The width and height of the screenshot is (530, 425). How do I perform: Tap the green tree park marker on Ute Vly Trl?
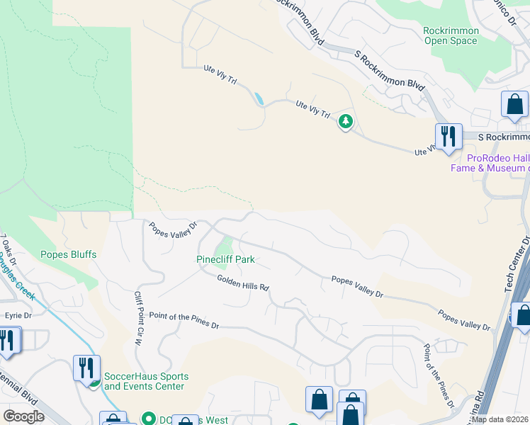point(345,122)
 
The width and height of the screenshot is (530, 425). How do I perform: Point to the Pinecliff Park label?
point(225,260)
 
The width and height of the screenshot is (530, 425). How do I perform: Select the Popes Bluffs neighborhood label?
point(68,254)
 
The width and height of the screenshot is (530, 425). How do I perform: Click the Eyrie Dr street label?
point(19,315)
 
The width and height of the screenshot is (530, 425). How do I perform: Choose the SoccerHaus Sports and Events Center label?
point(146,381)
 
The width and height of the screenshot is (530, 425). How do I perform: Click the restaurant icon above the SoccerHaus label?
point(86,367)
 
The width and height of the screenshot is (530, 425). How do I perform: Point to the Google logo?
point(24,416)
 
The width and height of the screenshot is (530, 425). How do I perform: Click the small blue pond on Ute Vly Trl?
point(259,99)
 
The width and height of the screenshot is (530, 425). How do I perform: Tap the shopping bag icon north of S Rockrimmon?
point(514,104)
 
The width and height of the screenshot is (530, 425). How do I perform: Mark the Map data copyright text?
point(500,419)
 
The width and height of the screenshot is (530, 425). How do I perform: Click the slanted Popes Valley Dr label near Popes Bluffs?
point(171,231)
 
